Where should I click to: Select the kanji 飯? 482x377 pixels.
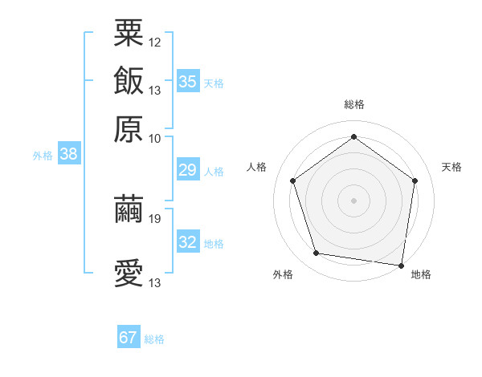pyautogui.click(x=129, y=81)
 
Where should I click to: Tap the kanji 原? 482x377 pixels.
pyautogui.click(x=129, y=128)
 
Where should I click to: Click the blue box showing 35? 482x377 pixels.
pyautogui.click(x=188, y=82)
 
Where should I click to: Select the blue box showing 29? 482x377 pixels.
pyautogui.click(x=188, y=170)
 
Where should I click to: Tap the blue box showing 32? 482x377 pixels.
pyautogui.click(x=188, y=242)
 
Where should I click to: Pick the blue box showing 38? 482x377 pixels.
pyautogui.click(x=68, y=155)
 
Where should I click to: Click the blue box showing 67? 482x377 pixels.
pyautogui.click(x=129, y=338)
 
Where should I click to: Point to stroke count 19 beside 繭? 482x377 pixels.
pyautogui.click(x=155, y=218)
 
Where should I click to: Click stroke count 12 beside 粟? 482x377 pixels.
pyautogui.click(x=155, y=41)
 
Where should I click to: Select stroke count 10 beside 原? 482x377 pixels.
pyautogui.click(x=155, y=138)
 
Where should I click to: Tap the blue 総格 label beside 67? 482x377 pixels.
pyautogui.click(x=154, y=339)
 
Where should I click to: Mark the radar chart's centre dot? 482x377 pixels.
pyautogui.click(x=353, y=200)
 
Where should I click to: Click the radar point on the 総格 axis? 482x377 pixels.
pyautogui.click(x=353, y=136)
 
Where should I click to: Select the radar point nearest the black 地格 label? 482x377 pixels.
pyautogui.click(x=401, y=265)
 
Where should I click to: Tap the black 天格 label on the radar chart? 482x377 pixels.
pyautogui.click(x=452, y=168)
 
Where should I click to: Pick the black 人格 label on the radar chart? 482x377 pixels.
pyautogui.click(x=257, y=168)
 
